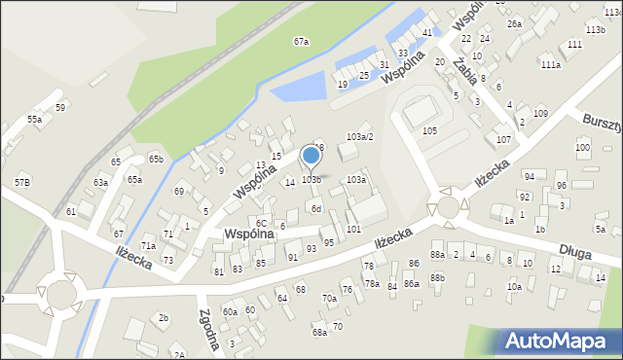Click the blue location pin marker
[x=311, y=156]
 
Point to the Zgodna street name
[x=207, y=322]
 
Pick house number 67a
[x=302, y=42]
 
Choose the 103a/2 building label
[x=359, y=137]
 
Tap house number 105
[x=429, y=130]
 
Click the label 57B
[x=22, y=183]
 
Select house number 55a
[x=34, y=119]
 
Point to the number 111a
[x=551, y=64]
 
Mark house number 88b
[x=438, y=277]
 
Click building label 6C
[x=261, y=224]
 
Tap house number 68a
[x=319, y=333]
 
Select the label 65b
[x=156, y=159]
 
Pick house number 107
[x=503, y=140]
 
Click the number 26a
[x=514, y=23]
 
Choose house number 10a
[x=514, y=287]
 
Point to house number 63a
[x=100, y=183]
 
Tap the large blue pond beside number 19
[x=305, y=90]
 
